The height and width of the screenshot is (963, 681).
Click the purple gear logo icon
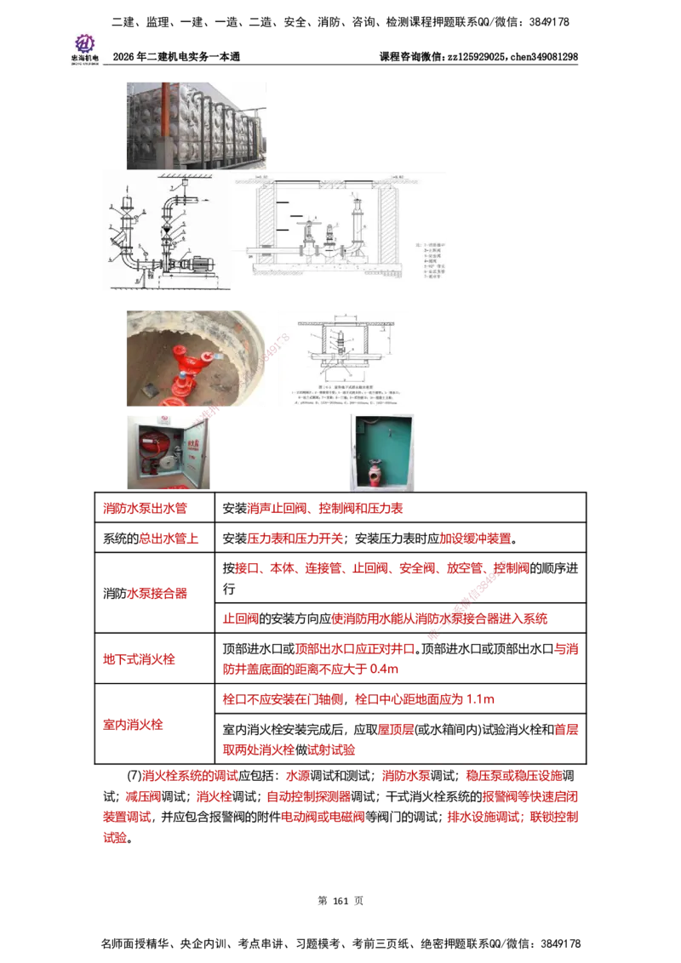click(x=84, y=42)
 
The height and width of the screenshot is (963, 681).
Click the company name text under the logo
click(x=84, y=60)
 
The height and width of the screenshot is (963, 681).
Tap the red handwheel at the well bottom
click(x=180, y=393)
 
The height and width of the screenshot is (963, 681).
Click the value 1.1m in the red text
click(x=481, y=700)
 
